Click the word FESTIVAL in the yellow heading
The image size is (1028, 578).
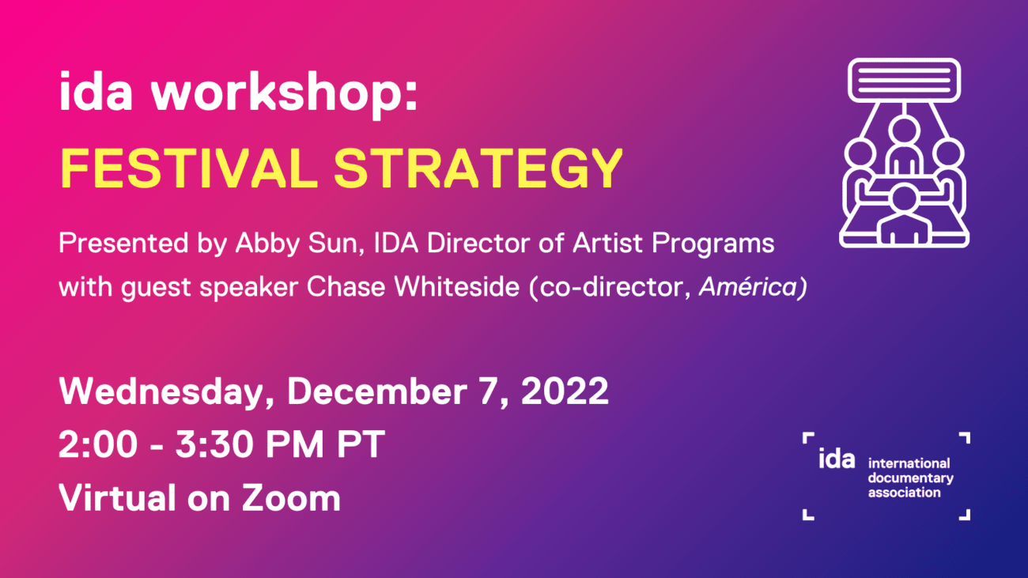(x=189, y=168)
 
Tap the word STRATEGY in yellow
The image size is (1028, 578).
(x=478, y=168)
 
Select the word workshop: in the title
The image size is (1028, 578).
(x=285, y=95)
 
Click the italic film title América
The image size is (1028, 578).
(x=748, y=286)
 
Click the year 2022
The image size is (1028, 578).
(x=565, y=391)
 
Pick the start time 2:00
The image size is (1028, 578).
(x=98, y=444)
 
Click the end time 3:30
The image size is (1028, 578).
(x=214, y=444)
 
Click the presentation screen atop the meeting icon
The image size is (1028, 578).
(x=904, y=81)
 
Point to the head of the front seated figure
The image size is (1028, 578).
(x=904, y=198)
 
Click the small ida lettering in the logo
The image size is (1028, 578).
(x=837, y=459)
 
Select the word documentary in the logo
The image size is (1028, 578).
(x=910, y=479)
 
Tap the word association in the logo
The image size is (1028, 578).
(x=904, y=493)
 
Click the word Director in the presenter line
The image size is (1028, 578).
(x=478, y=243)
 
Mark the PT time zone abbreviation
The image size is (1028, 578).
(x=361, y=444)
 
